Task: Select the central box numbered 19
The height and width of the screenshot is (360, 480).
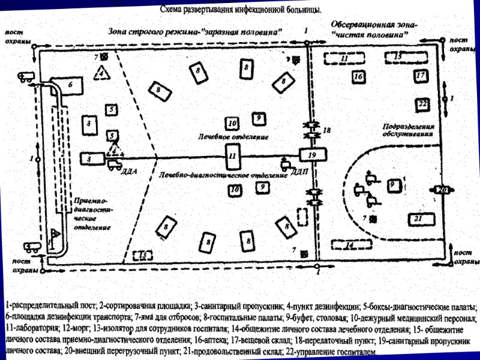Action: pos(312,155)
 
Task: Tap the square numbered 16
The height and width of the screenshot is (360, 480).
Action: pos(358,77)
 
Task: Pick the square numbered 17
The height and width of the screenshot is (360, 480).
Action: pos(421,76)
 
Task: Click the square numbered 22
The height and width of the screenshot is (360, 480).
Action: pos(422,104)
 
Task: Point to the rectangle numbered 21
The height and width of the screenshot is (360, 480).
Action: pos(419,218)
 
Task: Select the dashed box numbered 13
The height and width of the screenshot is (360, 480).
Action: pos(143,255)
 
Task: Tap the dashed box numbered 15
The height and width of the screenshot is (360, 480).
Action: pos(398,58)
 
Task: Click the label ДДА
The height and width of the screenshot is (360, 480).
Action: pos(130,172)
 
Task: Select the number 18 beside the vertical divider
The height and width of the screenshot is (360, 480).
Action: pos(326,130)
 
